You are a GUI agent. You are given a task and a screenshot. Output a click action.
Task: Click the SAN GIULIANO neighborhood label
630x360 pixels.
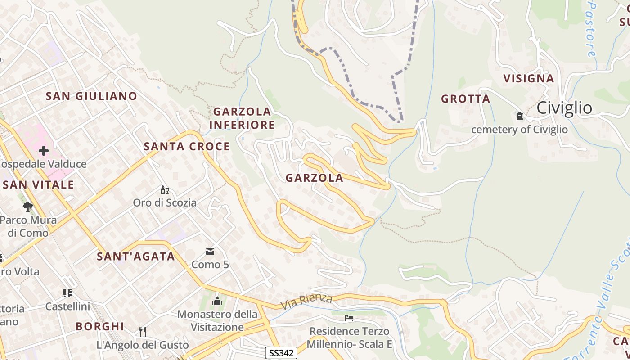pos(91,96)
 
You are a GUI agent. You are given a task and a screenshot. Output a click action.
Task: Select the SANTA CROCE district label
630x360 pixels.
pos(187,146)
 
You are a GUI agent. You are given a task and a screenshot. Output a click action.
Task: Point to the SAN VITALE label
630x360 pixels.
pos(38,185)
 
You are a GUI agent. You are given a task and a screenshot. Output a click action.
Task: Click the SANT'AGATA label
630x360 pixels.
pos(136,256)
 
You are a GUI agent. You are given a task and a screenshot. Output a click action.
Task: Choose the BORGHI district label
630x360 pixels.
pos(99,326)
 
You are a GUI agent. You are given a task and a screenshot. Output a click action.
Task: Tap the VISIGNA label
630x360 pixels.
pos(528,78)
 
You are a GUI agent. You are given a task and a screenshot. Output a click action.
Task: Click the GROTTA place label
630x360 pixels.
pos(465,99)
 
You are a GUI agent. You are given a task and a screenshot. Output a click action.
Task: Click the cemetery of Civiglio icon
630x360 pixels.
pos(520,116)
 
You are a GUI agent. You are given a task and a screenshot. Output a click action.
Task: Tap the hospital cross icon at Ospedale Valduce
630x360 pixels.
pos(44,150)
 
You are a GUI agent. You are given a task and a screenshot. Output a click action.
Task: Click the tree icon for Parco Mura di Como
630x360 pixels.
pos(28,207)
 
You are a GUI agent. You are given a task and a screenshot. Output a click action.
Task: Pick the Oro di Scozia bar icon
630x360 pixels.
pos(165,190)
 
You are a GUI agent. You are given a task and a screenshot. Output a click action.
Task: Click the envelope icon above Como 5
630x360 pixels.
pos(210,251)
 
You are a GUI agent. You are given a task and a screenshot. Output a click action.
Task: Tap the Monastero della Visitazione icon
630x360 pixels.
pos(217,301)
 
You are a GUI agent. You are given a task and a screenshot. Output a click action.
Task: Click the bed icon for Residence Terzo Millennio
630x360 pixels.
pos(349,318)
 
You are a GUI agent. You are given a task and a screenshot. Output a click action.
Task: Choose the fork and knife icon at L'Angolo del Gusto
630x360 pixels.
pos(143,332)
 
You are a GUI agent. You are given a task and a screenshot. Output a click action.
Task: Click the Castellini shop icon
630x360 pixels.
pos(67,293)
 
